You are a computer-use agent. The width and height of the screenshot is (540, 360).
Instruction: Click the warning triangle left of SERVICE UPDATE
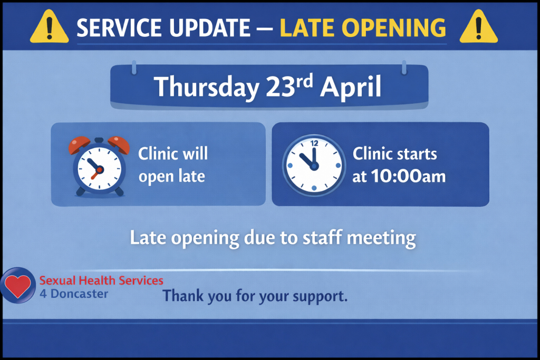(x=49, y=26)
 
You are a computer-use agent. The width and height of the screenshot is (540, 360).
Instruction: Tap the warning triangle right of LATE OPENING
(x=479, y=26)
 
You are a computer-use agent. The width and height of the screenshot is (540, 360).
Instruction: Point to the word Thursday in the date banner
(x=206, y=87)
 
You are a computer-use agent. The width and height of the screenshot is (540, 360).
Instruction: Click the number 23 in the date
(x=280, y=86)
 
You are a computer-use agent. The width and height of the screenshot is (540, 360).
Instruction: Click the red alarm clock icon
(x=99, y=167)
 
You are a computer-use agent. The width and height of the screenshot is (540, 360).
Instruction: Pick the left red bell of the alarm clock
(x=79, y=144)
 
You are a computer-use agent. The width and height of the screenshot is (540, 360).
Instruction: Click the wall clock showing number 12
(x=314, y=166)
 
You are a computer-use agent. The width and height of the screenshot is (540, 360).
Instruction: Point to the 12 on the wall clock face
(x=314, y=143)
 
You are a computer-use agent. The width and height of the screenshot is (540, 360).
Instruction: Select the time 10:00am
(x=408, y=176)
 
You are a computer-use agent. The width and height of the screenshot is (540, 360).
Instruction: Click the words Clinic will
(x=173, y=153)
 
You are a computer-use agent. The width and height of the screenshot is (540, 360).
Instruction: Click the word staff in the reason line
(x=322, y=238)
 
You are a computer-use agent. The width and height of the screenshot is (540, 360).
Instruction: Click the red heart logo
(x=18, y=285)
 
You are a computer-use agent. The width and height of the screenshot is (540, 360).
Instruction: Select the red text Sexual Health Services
(x=101, y=280)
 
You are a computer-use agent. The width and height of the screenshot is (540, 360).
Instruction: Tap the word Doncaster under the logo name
(x=79, y=294)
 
